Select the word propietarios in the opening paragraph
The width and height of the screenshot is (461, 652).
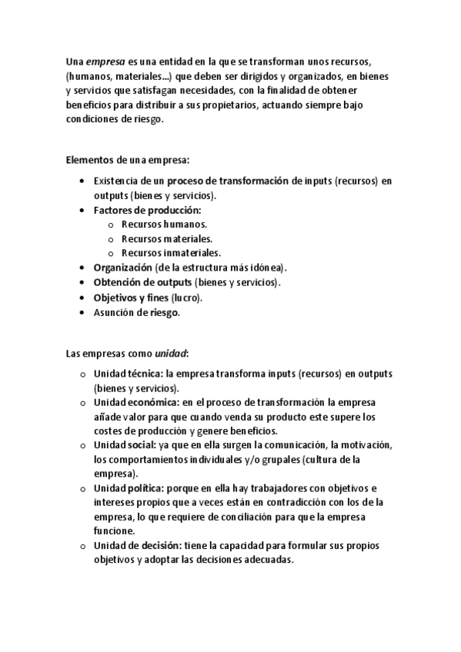point(228,105)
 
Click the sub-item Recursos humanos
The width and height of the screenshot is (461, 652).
point(164,224)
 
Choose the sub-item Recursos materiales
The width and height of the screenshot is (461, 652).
point(167,238)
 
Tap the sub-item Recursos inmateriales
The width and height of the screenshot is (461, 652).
point(171,252)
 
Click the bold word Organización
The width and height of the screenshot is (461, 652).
point(122,267)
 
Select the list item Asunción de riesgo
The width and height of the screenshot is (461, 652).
point(136,312)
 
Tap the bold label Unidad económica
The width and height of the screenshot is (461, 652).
point(136,402)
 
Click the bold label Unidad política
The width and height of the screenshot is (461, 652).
point(129,488)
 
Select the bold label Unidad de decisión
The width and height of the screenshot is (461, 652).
point(137,546)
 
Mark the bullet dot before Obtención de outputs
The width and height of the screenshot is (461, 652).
point(83,282)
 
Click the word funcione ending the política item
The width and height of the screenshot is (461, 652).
point(114,531)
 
